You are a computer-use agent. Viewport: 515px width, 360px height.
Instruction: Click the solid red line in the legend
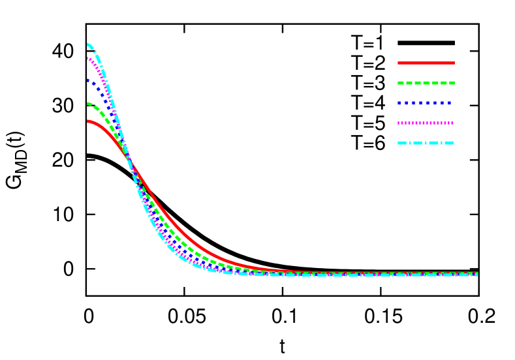[426, 63]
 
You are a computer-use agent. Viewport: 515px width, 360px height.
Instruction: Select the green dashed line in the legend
[426, 83]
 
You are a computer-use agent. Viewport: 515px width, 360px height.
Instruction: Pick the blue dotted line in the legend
[425, 103]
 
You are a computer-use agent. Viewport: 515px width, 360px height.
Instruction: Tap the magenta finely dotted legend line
[425, 123]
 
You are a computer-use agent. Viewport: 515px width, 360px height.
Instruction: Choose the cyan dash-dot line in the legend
[426, 143]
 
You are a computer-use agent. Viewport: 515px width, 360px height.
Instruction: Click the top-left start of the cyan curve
[88, 44]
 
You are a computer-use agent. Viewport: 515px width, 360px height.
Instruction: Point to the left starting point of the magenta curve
[88, 59]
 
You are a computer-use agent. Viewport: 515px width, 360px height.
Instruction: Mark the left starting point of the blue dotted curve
[88, 80]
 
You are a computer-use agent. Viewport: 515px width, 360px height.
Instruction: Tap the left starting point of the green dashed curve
[89, 103]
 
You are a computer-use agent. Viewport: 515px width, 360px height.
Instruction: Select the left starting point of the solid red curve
[88, 121]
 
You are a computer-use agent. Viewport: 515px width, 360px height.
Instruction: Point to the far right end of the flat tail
[477, 273]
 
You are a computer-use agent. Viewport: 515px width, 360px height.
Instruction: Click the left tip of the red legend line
[399, 63]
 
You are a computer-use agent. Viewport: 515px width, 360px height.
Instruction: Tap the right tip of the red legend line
[454, 63]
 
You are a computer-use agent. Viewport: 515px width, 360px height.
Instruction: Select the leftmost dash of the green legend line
[401, 83]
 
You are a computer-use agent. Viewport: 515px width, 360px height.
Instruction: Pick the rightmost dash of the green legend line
[451, 83]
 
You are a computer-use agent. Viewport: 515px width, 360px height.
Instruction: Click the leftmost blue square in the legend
[399, 103]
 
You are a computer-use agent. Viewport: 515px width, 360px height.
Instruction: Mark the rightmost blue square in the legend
[449, 103]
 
